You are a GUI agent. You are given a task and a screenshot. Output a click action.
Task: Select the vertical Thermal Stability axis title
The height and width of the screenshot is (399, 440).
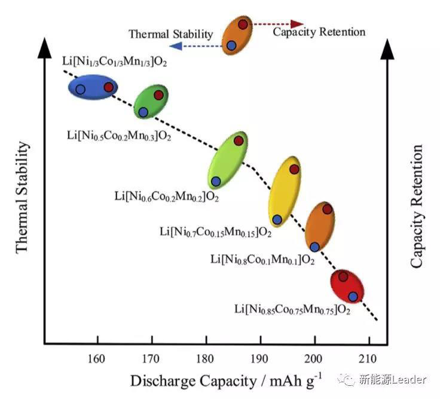22,197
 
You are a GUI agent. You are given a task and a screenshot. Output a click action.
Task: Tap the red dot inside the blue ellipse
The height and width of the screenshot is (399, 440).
108,87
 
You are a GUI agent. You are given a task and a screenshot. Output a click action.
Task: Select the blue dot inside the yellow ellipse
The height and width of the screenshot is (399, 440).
277,220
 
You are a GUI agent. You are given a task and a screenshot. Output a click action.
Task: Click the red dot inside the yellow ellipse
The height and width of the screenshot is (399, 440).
294,169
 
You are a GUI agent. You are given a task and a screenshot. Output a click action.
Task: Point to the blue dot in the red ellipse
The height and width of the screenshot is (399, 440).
353,297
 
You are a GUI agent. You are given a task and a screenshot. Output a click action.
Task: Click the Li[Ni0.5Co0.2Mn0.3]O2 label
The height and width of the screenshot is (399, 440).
119,135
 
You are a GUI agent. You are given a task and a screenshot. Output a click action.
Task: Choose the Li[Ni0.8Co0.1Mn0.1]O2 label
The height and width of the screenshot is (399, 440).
262,259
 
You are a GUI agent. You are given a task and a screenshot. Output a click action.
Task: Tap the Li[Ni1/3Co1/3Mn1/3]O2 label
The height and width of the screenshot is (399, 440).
115,61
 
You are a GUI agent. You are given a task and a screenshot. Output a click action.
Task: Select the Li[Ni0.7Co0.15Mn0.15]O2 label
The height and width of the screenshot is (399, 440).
216,231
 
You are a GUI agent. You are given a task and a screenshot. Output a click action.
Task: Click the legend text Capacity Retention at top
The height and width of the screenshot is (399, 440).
319,32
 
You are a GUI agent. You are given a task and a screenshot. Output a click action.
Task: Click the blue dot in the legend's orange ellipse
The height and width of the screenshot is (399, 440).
231,45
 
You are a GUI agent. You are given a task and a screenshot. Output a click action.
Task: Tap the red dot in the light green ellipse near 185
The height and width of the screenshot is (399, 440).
239,141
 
